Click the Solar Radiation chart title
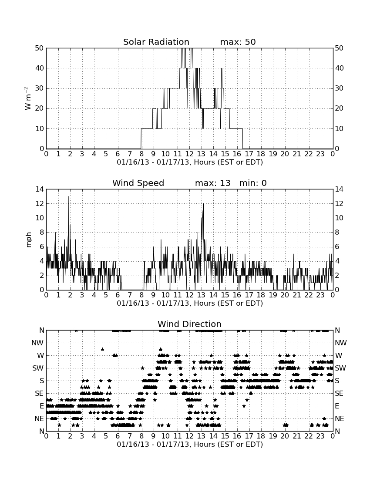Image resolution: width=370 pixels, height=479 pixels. click(156, 42)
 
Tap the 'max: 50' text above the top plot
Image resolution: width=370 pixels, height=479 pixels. click(238, 42)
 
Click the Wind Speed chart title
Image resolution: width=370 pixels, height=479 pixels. click(138, 183)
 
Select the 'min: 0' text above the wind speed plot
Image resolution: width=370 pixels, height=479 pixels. click(253, 183)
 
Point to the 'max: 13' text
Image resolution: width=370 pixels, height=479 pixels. click(213, 183)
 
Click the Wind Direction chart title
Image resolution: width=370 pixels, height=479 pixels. click(190, 324)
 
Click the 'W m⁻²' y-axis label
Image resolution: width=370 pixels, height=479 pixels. click(28, 98)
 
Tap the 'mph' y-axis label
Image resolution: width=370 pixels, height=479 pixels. click(28, 240)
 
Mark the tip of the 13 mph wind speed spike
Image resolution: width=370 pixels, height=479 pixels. click(68, 196)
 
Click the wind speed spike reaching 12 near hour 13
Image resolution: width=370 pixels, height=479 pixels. click(203, 204)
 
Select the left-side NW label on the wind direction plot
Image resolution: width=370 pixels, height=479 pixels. click(38, 343)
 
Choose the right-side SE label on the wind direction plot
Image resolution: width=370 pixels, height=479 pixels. click(339, 394)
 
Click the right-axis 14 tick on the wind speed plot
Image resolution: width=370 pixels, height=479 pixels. click(339, 189)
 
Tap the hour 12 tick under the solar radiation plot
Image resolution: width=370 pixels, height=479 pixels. click(189, 154)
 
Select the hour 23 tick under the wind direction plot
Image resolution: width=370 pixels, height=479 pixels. click(320, 436)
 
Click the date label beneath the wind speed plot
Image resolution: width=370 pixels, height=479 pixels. click(190, 304)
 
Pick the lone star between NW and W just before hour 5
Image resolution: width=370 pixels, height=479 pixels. click(103, 349)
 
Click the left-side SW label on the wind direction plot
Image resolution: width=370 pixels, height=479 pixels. click(38, 368)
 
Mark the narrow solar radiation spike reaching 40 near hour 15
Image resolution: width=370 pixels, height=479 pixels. click(222, 68)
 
